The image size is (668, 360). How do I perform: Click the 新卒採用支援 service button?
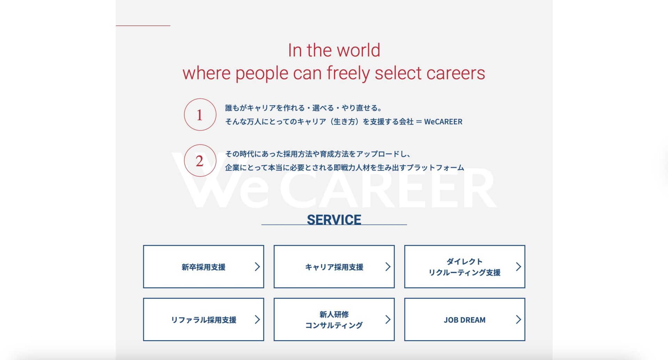coord(204,267)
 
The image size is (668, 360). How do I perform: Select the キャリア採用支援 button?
coord(334,267)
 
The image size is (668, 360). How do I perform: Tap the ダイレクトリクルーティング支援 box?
coord(464,267)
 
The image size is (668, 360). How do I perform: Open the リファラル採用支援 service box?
coord(204,319)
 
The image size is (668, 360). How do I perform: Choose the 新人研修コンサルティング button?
coord(334,319)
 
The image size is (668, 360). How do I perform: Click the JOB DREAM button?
coord(464,319)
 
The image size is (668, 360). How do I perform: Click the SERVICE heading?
coord(334,220)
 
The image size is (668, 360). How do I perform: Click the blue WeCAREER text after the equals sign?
coord(443,122)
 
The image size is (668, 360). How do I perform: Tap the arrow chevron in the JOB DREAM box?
coord(518,319)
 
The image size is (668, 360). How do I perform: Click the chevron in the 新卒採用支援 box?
coord(257,267)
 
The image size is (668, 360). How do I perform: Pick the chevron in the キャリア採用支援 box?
coord(388,267)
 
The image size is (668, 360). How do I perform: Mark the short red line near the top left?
coord(143,25)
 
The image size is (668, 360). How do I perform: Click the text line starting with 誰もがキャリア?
coord(304,108)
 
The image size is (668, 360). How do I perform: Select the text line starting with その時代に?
coord(318,154)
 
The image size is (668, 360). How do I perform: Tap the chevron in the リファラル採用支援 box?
coord(257,319)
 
